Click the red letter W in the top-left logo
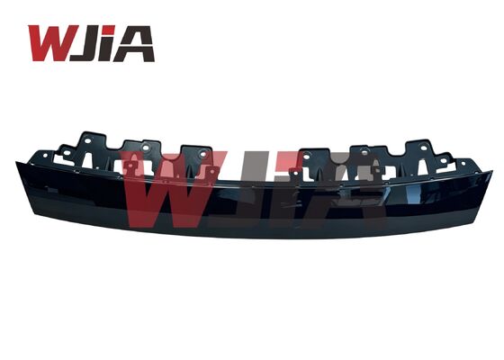51,43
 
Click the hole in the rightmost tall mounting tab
420,149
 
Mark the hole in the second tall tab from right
365,154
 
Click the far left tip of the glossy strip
18,166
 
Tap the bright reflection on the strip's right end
477,193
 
